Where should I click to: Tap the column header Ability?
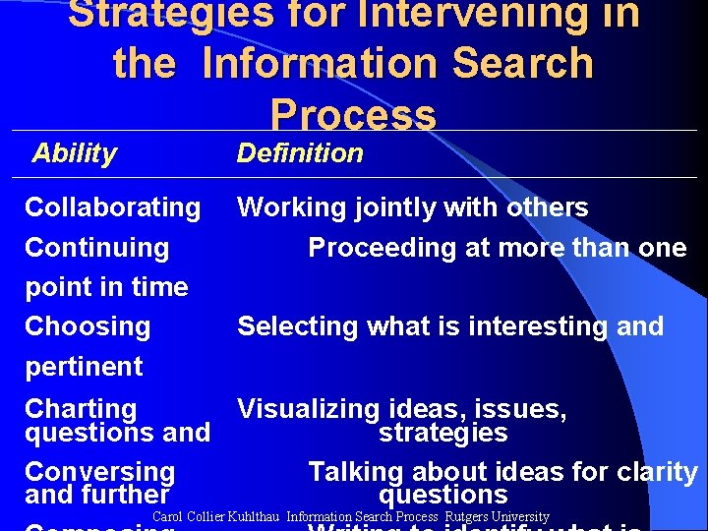coord(74,153)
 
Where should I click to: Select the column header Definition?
coord(300,153)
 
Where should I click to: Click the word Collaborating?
coord(112,207)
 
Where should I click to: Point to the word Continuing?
coord(96,247)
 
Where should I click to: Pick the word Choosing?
coord(88,326)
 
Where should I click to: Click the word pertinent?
coord(84,367)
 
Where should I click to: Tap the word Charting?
coord(81,409)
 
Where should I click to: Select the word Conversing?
coord(99,473)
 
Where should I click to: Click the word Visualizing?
coord(308,409)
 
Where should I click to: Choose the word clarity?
coord(656,472)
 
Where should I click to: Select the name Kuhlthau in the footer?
coord(255,517)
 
